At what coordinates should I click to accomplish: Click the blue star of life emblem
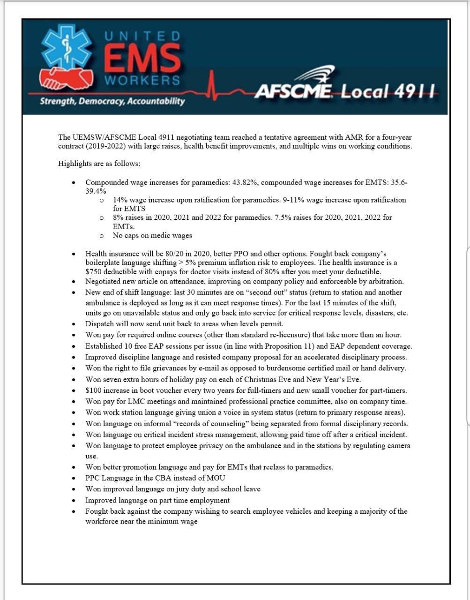pyautogui.click(x=66, y=48)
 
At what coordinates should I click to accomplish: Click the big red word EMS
pyautogui.click(x=142, y=58)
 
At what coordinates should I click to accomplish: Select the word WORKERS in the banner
pyautogui.click(x=142, y=81)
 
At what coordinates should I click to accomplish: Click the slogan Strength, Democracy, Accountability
pyautogui.click(x=112, y=101)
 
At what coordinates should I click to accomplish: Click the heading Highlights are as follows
pyautogui.click(x=99, y=164)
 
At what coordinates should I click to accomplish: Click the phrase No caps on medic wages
pyautogui.click(x=152, y=236)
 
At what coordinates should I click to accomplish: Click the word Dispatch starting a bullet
pyautogui.click(x=99, y=324)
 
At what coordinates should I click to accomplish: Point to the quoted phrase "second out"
pyautogui.click(x=249, y=292)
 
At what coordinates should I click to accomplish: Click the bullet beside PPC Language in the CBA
pyautogui.click(x=74, y=479)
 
